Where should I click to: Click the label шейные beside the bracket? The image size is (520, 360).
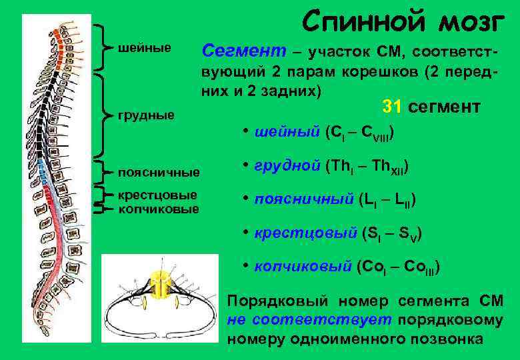(x=144, y=48)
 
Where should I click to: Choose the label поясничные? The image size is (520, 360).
(x=158, y=173)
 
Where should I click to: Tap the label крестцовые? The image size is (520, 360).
(x=157, y=195)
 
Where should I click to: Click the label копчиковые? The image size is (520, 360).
(x=158, y=209)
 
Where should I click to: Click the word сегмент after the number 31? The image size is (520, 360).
(x=450, y=107)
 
